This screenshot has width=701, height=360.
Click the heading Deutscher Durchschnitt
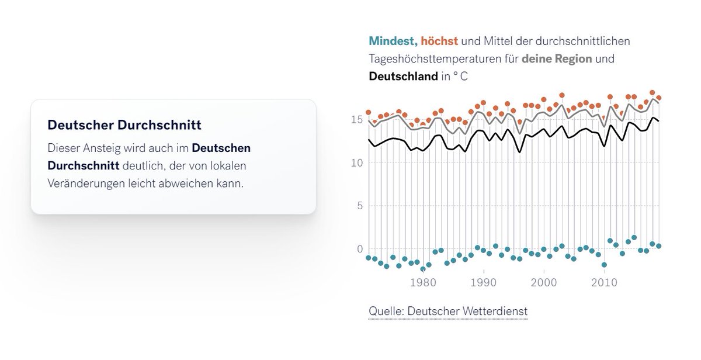pyautogui.click(x=124, y=125)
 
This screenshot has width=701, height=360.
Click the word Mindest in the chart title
pyautogui.click(x=391, y=41)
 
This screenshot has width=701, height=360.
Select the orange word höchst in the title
pyautogui.click(x=439, y=41)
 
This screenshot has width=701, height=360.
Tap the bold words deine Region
pyautogui.click(x=557, y=59)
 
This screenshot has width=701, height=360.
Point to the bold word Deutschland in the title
pyautogui.click(x=403, y=77)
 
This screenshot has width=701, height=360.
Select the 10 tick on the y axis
pyautogui.click(x=356, y=162)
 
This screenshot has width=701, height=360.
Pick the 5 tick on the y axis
pyautogui.click(x=359, y=206)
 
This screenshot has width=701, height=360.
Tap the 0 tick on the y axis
pyautogui.click(x=359, y=249)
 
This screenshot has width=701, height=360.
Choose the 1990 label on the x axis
pyautogui.click(x=484, y=282)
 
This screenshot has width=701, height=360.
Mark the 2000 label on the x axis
pyautogui.click(x=544, y=282)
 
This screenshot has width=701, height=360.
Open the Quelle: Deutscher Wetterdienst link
pyautogui.click(x=447, y=311)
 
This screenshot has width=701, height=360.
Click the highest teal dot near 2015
pyautogui.click(x=634, y=238)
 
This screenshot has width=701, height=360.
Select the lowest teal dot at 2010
pyautogui.click(x=604, y=265)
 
